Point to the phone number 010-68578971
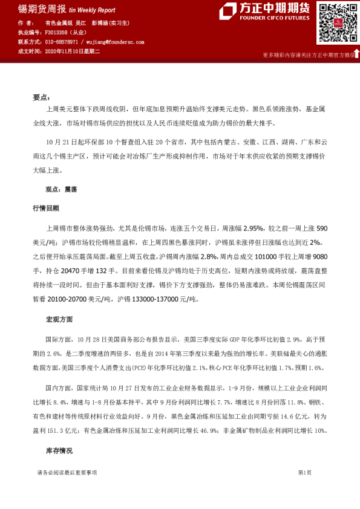point(61,42)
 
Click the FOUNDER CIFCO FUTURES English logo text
point(273,18)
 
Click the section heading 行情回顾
point(45,208)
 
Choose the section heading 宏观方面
point(59,318)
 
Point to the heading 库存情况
point(59,451)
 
